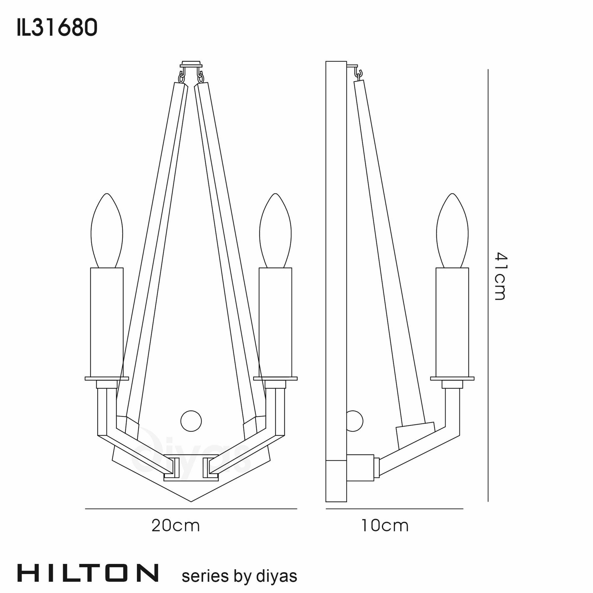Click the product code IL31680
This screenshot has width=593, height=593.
pyautogui.click(x=57, y=28)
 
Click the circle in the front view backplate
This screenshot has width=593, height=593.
pyautogui.click(x=191, y=421)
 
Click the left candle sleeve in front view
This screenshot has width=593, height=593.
pyautogui.click(x=107, y=322)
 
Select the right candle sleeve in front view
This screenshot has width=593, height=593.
pyautogui.click(x=275, y=322)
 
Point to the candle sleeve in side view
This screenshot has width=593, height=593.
pyautogui.click(x=452, y=322)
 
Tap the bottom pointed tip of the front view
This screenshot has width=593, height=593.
pyautogui.click(x=191, y=500)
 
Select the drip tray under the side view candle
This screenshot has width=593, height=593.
pyautogui.click(x=452, y=378)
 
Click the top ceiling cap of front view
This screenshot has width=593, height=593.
pyautogui.click(x=191, y=64)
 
